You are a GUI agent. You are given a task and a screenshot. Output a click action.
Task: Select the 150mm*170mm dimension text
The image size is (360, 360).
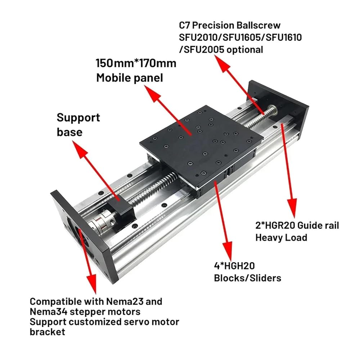[x=136, y=63]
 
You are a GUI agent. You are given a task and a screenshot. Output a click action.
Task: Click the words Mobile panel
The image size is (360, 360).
[x=130, y=78]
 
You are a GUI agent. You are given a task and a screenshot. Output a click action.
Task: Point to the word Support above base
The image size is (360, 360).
[x=78, y=118]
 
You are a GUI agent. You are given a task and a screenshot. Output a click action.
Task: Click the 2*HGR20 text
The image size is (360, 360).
[x=275, y=225]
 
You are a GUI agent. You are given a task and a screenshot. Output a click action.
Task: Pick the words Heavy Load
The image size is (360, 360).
[x=281, y=237]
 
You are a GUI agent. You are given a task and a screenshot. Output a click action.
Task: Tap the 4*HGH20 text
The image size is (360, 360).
[x=234, y=266]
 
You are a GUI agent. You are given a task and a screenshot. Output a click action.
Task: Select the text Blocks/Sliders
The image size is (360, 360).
[x=248, y=278]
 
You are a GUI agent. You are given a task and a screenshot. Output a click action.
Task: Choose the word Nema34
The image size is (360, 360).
[x=49, y=311]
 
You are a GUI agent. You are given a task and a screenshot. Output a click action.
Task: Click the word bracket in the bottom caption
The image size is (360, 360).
[x=47, y=332]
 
